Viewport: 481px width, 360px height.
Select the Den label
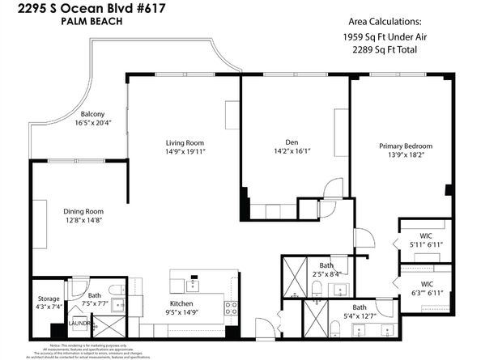pos(292,142)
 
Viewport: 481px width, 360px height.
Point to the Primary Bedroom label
pos(406,146)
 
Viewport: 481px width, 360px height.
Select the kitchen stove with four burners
pos(231,307)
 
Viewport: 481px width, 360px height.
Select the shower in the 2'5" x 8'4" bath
pos(294,268)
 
